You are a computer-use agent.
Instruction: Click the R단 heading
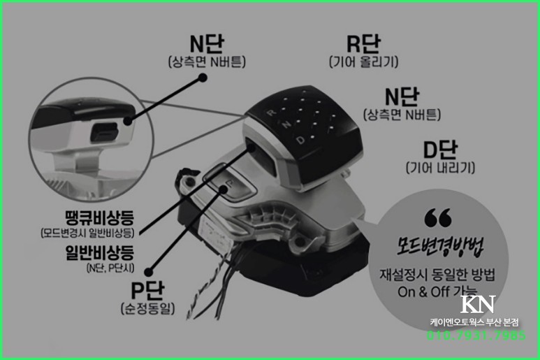tap(363, 44)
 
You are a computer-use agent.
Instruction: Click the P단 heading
tap(147, 289)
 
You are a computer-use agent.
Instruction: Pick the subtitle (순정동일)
tap(147, 308)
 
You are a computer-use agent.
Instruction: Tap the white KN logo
tap(478, 305)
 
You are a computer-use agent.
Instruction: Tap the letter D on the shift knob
tap(299, 140)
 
